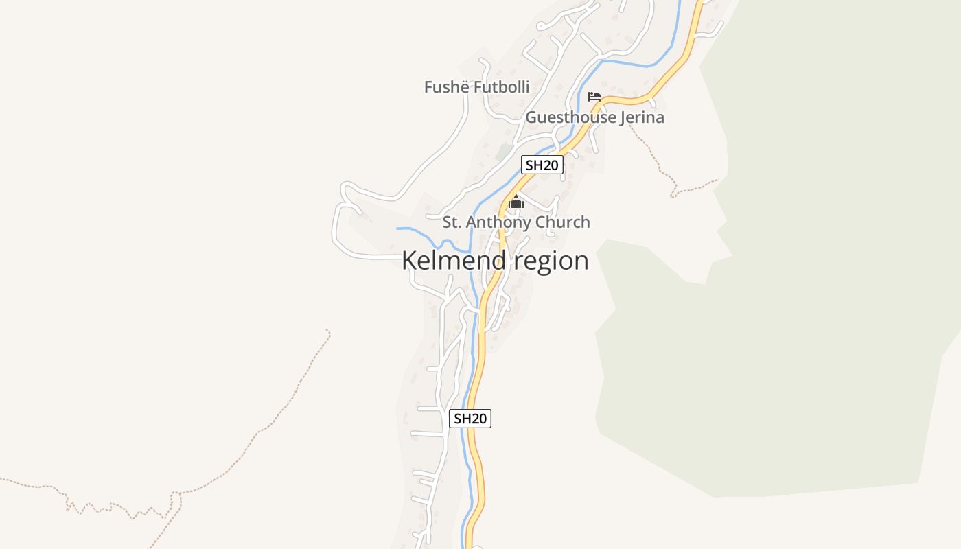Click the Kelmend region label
tap(495, 261)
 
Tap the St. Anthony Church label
tap(516, 222)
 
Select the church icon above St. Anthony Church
tap(516, 202)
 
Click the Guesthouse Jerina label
tap(594, 117)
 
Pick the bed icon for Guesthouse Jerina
tap(594, 97)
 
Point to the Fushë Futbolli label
tap(476, 87)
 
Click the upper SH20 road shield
tap(542, 165)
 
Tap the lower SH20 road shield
tap(470, 419)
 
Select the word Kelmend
tap(454, 261)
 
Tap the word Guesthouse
tap(570, 117)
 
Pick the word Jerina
tap(642, 118)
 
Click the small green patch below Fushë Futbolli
tap(505, 151)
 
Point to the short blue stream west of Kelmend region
tap(415, 229)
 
